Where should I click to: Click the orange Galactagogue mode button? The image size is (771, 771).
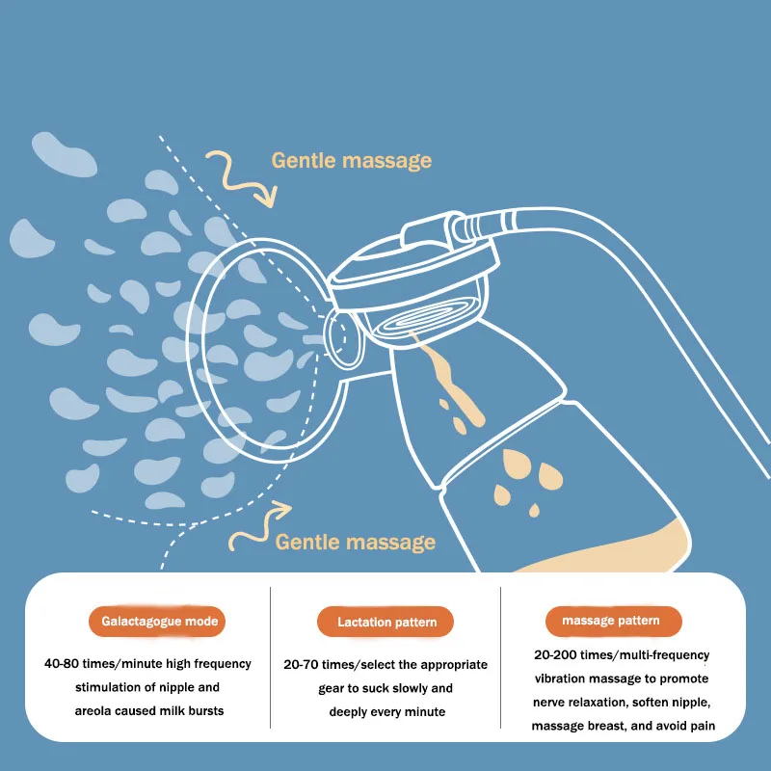click(x=160, y=622)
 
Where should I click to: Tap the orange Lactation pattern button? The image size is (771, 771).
click(x=386, y=622)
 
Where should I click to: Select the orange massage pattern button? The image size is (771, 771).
click(x=610, y=621)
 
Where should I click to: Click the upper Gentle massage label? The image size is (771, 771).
click(x=351, y=160)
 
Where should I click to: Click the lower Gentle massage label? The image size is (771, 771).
click(x=355, y=542)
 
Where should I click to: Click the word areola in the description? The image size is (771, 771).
click(x=102, y=711)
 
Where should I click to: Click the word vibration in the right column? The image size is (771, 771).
click(x=564, y=678)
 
